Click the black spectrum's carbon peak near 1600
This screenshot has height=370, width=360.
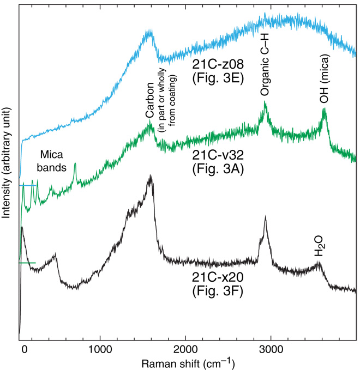[x=150, y=177]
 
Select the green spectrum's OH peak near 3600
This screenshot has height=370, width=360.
[x=325, y=110]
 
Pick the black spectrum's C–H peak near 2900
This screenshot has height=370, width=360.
[x=266, y=217]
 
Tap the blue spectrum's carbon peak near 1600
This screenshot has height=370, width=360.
[x=149, y=32]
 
